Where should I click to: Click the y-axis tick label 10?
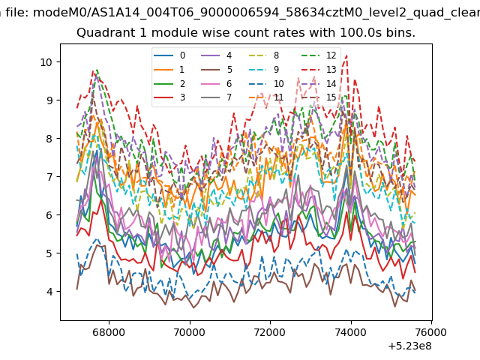46,62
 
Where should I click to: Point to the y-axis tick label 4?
49,292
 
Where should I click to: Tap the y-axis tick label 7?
49,177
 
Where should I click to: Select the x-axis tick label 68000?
109,332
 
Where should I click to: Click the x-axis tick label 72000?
270,332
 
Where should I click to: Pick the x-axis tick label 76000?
432,332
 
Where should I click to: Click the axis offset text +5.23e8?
409,346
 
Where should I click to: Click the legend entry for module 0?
169,55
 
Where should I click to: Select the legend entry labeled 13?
319,70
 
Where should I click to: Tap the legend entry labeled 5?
217,70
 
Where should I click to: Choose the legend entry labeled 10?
266,83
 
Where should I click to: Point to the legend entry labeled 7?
217,97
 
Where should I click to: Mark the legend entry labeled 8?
263,55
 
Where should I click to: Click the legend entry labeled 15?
319,97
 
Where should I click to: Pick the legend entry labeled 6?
217,83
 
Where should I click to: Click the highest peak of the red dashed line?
346,55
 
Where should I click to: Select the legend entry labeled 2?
169,83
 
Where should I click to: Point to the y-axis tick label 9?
49,100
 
